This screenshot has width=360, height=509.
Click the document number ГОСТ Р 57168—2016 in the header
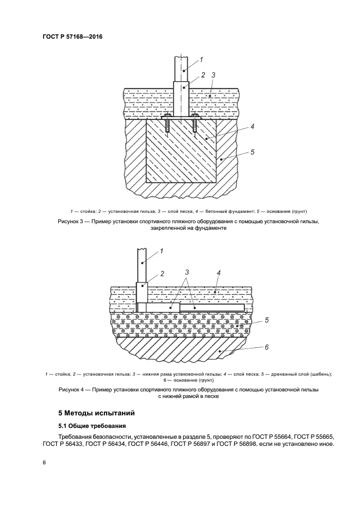click(x=72, y=37)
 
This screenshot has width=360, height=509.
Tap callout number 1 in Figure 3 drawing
click(x=201, y=59)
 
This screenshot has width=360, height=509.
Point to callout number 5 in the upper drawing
click(x=253, y=153)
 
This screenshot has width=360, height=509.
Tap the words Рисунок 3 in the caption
click(x=71, y=222)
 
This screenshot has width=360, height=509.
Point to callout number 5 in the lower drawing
click(x=267, y=320)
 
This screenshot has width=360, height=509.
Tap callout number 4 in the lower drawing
click(x=218, y=272)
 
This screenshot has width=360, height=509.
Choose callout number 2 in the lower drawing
click(x=162, y=273)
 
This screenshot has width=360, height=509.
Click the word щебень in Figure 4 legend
click(x=319, y=374)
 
